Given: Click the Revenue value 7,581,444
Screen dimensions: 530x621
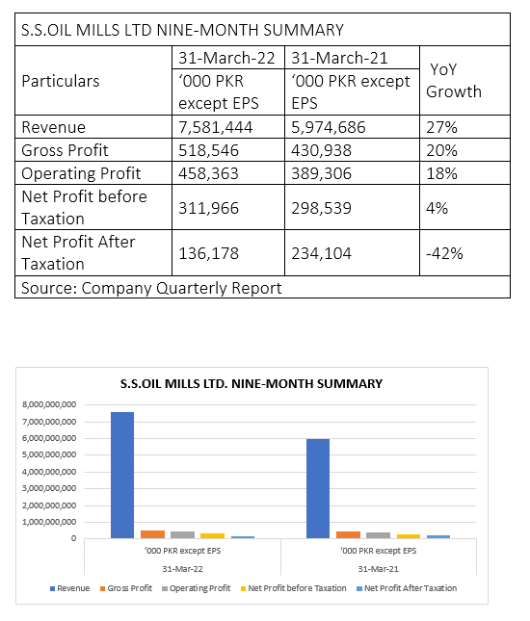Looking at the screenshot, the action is (215, 127).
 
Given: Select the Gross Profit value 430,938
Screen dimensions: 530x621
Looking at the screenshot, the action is (321, 150).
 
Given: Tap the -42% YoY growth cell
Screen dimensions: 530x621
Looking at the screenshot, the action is (444, 253).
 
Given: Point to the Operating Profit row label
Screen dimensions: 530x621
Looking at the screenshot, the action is (81, 173).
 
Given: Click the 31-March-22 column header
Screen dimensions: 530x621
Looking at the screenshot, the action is (226, 58).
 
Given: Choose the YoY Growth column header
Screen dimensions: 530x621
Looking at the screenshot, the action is (454, 81).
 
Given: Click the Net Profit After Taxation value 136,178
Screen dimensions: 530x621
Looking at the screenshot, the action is (208, 253).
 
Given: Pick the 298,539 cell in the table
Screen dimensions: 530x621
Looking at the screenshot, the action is (321, 208).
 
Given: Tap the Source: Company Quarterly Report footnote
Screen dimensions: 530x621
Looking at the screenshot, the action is (151, 288).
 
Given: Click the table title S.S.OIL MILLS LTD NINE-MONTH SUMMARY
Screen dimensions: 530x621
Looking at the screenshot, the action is (182, 30).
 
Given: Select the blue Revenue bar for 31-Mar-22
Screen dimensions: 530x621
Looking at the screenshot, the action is (122, 476).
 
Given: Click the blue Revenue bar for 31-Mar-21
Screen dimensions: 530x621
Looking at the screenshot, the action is (318, 489).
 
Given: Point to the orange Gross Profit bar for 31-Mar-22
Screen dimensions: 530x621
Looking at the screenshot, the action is (152, 534).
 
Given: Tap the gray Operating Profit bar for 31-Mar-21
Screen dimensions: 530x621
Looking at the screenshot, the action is (378, 535).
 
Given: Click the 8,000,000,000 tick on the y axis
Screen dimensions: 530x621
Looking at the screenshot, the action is (49, 404).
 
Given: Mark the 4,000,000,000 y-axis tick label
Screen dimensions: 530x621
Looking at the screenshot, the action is (49, 472).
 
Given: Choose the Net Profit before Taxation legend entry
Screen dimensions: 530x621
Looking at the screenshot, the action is (293, 588).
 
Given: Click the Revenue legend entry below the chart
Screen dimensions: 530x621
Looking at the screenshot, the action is (69, 588).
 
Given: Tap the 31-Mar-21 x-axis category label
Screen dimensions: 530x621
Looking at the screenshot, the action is (378, 569).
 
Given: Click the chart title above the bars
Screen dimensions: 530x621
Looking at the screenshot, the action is (252, 384).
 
